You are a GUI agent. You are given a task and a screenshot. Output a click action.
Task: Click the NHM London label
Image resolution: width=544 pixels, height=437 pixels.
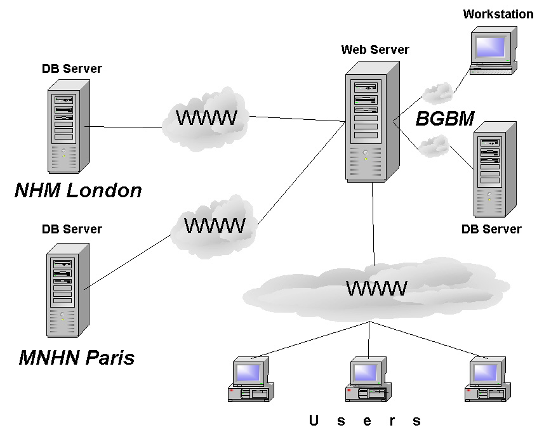tap(78, 190)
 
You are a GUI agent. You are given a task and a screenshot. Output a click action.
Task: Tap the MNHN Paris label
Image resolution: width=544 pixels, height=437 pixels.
tap(77, 358)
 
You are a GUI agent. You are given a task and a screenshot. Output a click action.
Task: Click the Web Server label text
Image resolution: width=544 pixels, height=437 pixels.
tap(375, 49)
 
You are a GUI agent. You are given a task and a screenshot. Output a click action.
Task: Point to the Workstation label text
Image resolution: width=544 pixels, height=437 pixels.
tap(498, 14)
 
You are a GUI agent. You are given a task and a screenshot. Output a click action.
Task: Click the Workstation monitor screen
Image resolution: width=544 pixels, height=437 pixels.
tap(491, 46)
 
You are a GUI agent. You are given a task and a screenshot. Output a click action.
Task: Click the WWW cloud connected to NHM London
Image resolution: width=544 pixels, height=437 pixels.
tap(206, 118)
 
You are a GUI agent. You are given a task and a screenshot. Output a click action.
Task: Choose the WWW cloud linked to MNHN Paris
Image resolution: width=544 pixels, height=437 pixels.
tap(214, 226)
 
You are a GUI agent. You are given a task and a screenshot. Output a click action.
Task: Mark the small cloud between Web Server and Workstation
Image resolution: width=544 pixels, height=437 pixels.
tap(437, 93)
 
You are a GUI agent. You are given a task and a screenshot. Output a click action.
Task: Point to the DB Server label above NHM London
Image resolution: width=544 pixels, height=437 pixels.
tap(72, 68)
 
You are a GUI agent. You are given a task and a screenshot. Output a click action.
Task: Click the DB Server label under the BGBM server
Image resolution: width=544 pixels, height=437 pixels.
tap(491, 229)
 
